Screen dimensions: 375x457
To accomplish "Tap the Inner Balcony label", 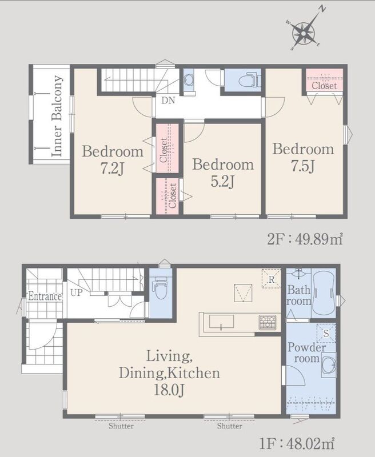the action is point(57,117).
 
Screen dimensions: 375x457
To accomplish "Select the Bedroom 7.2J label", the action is point(113,160).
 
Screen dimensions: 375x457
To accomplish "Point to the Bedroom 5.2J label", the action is point(223,173).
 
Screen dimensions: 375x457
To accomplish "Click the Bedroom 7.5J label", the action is point(304,158).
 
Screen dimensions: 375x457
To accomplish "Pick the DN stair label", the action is point(168,101).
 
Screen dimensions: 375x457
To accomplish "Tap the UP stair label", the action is point(77,292).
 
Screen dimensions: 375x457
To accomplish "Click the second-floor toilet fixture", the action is point(249,79).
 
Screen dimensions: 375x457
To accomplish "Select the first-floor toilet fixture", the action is point(161,287).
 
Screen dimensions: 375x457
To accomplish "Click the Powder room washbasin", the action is point(329,365).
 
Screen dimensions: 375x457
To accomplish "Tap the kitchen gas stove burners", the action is point(268,323).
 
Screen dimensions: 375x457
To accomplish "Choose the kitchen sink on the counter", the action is point(222,322).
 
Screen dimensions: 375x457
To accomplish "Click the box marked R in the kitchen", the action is point(271,279).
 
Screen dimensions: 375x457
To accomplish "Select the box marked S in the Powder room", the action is point(326,333).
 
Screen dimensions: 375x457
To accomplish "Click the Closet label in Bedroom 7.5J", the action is point(324,86).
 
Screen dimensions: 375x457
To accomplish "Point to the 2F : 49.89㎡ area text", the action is point(305,239).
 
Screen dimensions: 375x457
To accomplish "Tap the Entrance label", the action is point(45,296).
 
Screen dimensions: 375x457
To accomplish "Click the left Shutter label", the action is point(121,426).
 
